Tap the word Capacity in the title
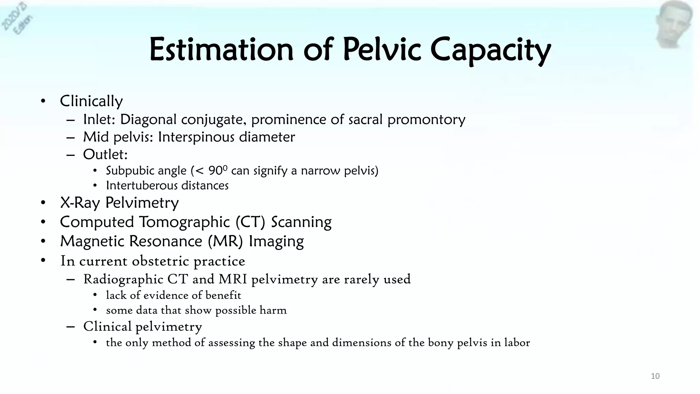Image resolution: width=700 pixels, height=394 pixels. point(490,51)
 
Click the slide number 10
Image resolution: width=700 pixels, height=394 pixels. point(655,376)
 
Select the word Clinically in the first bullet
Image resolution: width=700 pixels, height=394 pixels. point(91,101)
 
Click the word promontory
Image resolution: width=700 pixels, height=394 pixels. point(426,120)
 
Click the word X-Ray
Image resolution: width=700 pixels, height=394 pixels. point(80,203)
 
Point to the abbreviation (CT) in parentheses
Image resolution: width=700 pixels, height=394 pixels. point(250,222)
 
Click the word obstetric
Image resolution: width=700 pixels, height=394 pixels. point(160,261)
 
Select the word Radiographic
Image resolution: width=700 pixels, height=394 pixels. point(123,279)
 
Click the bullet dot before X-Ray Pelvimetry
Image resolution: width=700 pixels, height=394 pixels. point(43,203)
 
